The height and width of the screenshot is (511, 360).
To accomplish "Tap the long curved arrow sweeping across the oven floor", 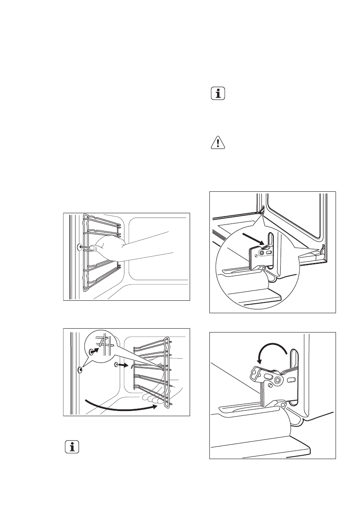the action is (120, 405).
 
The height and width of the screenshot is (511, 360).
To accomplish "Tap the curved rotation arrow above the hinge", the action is (270, 348).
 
